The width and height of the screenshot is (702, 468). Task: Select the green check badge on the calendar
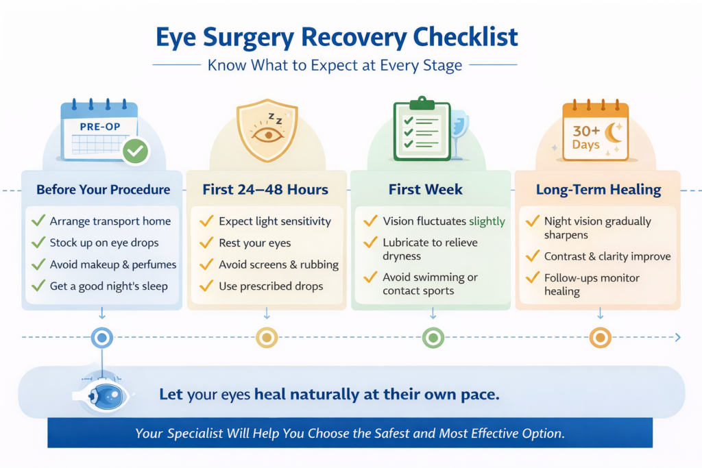pyautogui.click(x=136, y=150)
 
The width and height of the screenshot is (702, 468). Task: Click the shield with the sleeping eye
pyautogui.click(x=267, y=130)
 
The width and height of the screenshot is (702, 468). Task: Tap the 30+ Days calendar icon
pyautogui.click(x=595, y=132)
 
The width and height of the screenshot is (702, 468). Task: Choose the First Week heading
pyautogui.click(x=426, y=189)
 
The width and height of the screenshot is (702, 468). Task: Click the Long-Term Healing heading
pyautogui.click(x=597, y=189)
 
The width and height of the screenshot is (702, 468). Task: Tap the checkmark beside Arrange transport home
pyautogui.click(x=38, y=221)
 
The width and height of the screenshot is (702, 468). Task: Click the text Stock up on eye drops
pyautogui.click(x=104, y=243)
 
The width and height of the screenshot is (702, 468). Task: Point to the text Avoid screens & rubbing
pyautogui.click(x=278, y=264)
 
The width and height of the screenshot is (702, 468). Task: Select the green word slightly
pyautogui.click(x=487, y=221)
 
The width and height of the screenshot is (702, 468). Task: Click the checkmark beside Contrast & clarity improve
pyautogui.click(x=531, y=256)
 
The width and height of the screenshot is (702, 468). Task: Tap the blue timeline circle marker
pyautogui.click(x=102, y=337)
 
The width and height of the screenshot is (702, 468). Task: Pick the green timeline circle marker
pyautogui.click(x=433, y=337)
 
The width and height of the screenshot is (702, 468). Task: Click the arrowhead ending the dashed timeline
pyautogui.click(x=677, y=337)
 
